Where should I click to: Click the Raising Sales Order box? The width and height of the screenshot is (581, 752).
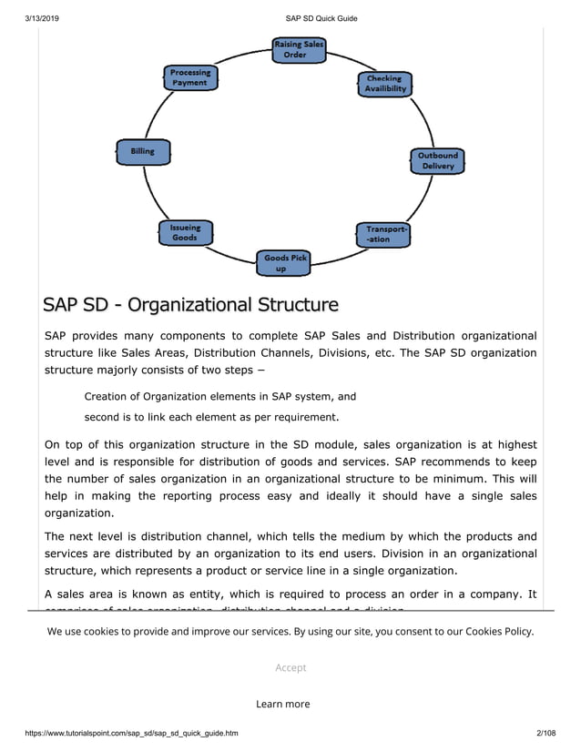[x=299, y=49]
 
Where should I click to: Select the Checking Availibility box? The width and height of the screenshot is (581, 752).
[x=384, y=84]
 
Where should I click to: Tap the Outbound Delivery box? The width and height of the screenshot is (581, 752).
[x=437, y=160]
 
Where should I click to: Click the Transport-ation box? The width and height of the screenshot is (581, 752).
[x=382, y=234]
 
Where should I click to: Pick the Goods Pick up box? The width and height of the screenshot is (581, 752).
[x=284, y=263]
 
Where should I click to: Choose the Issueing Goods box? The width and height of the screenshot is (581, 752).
[x=185, y=232]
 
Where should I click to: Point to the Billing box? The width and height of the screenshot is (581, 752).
[x=143, y=152]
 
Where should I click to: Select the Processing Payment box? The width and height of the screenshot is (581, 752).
[x=190, y=77]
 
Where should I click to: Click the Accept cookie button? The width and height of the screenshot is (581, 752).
[x=290, y=667]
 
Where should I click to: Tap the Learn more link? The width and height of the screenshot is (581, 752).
[x=282, y=704]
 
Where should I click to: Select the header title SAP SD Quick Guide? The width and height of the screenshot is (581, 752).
[x=321, y=17]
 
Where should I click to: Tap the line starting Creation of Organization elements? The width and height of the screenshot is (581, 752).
[x=219, y=396]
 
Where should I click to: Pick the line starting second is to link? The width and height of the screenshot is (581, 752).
[x=211, y=418]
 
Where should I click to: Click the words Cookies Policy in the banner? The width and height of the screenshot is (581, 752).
[x=499, y=631]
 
